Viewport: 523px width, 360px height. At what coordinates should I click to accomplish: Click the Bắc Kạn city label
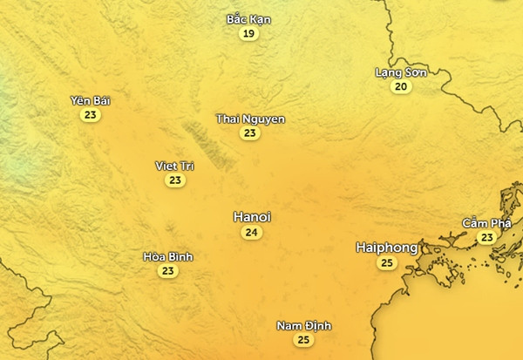click(248, 19)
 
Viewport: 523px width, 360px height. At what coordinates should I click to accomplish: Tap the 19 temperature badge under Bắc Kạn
click(249, 34)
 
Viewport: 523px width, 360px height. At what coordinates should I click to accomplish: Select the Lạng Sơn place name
click(400, 72)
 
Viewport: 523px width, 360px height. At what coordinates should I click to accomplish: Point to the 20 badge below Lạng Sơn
click(401, 86)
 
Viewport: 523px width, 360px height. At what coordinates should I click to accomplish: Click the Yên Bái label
click(90, 101)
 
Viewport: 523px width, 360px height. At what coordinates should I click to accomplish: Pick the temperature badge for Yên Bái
click(90, 115)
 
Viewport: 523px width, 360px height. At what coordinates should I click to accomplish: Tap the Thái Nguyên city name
click(250, 119)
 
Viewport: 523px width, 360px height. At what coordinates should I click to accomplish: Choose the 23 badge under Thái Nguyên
click(250, 133)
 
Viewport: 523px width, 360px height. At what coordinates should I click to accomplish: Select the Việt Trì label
click(175, 166)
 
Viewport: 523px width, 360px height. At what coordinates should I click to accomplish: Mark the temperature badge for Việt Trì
click(175, 180)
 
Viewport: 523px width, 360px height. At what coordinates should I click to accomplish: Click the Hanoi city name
click(252, 216)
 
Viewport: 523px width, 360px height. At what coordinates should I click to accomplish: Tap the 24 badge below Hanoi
click(252, 233)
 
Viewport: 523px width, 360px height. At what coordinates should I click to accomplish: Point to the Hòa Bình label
click(167, 256)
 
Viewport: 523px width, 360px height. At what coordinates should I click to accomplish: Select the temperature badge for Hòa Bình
click(167, 271)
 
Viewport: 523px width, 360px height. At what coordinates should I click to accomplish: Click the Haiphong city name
click(387, 248)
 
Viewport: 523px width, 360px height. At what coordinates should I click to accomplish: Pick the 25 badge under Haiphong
click(387, 263)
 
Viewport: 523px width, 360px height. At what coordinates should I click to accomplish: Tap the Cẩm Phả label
click(486, 223)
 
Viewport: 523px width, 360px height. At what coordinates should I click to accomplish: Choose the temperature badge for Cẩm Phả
click(486, 237)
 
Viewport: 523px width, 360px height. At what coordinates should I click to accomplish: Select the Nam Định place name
click(303, 326)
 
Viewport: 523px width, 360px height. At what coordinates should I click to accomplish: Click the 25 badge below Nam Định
click(303, 340)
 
